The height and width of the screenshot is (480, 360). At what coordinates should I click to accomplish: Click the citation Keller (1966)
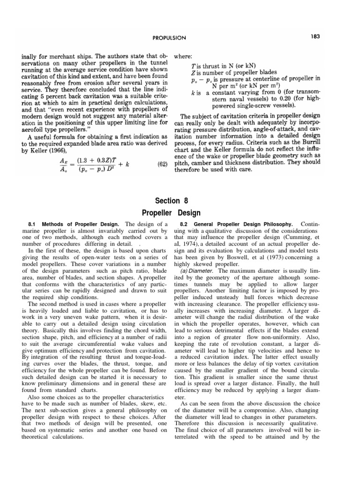(x=43, y=151)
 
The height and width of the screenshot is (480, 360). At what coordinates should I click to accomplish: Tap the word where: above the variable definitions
(x=184, y=57)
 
